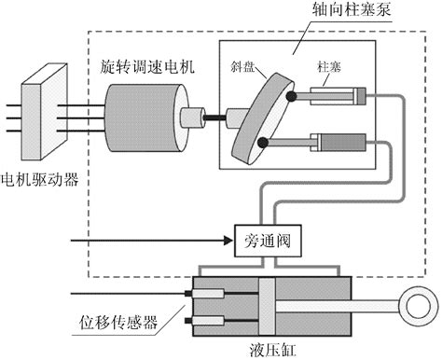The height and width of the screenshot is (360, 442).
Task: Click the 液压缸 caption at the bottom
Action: (271, 350)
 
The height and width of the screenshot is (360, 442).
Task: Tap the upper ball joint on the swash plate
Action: (293, 96)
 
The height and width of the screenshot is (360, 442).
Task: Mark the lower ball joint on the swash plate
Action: (264, 143)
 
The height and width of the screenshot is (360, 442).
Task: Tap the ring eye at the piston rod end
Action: (419, 306)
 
